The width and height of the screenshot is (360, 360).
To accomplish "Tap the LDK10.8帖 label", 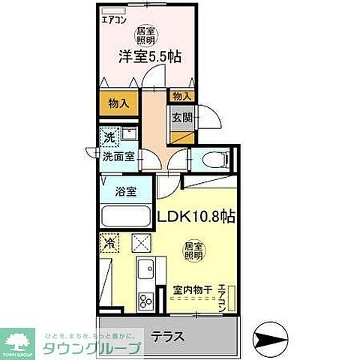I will tap(196, 217).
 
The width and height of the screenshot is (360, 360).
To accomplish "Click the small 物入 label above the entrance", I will tap(181, 96).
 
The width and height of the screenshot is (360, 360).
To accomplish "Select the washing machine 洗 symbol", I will tap(109, 138).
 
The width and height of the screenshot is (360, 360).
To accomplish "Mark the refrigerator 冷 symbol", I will tap(109, 243).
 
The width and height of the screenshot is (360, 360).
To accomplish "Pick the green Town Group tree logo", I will tap(22, 339).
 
